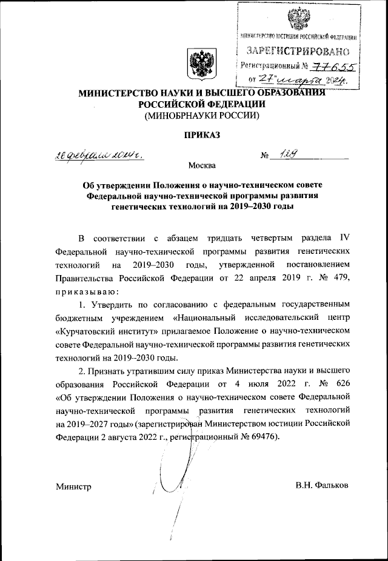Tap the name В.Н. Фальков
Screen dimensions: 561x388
(x=323, y=486)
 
